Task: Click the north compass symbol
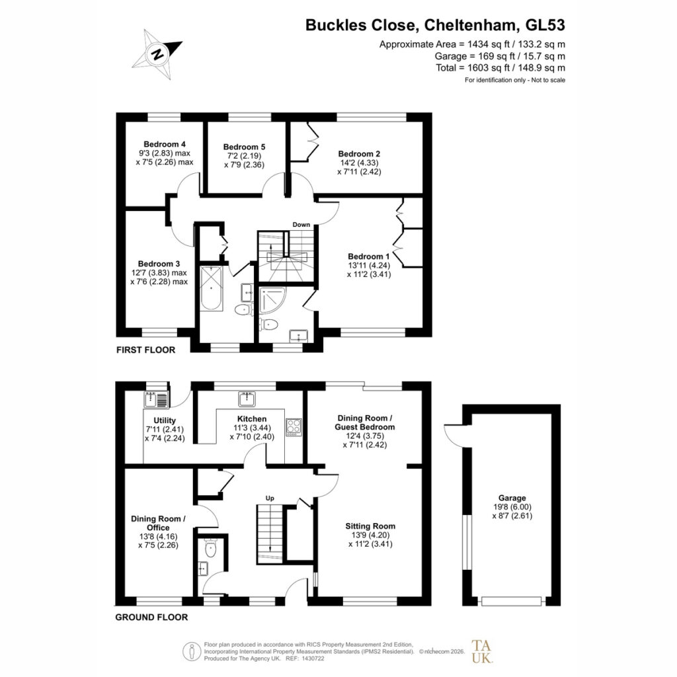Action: [x=157, y=54]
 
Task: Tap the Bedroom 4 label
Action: [x=165, y=144]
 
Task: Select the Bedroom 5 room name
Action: [x=245, y=147]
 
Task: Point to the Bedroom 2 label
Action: [x=359, y=153]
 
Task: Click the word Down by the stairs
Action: [x=301, y=225]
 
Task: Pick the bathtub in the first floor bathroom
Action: [x=211, y=288]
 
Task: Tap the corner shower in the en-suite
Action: [x=272, y=300]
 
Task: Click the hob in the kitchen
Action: [x=294, y=427]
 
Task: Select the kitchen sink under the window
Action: [x=247, y=399]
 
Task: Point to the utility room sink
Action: [x=156, y=399]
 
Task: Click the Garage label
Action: [x=512, y=498]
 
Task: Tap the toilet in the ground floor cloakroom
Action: [x=211, y=548]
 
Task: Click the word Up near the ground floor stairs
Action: [x=270, y=498]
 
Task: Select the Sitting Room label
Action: [x=370, y=526]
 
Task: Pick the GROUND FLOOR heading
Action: [x=151, y=617]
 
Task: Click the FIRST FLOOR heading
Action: [x=146, y=350]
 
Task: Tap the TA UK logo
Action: [x=481, y=651]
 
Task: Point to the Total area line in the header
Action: [x=500, y=68]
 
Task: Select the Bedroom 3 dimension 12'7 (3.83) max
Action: [x=159, y=273]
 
